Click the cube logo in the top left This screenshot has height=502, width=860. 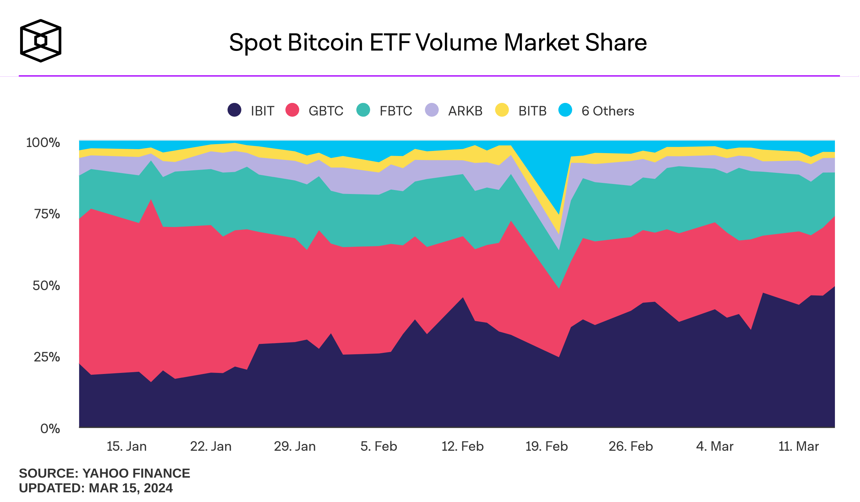(x=40, y=41)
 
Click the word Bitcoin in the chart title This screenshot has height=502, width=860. (x=325, y=43)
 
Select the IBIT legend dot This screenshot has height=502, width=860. (x=234, y=110)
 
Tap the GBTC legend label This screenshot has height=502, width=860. (x=326, y=111)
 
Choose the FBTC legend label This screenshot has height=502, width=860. (x=396, y=111)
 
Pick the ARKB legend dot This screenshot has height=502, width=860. (x=432, y=110)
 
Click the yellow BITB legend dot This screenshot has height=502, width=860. (x=502, y=110)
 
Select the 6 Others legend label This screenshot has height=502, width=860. (x=608, y=111)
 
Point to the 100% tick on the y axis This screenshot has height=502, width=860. (x=43, y=143)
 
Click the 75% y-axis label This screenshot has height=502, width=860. (x=47, y=214)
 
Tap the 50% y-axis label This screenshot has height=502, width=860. (x=46, y=286)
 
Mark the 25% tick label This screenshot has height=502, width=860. (x=47, y=357)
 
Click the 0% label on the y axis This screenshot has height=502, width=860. (x=50, y=428)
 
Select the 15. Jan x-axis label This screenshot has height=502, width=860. (x=127, y=446)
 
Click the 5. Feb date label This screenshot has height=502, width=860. (x=379, y=446)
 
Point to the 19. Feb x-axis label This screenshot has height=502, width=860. (x=547, y=446)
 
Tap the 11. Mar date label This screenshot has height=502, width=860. (x=799, y=446)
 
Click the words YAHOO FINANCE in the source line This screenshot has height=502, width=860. (x=136, y=473)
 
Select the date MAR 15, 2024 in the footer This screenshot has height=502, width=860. (x=131, y=488)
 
